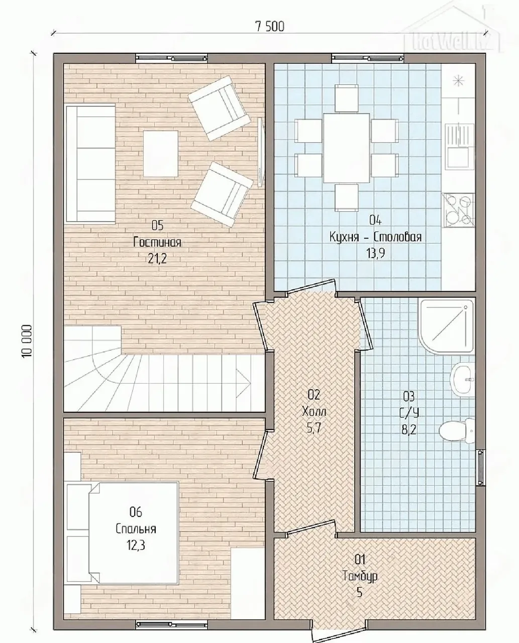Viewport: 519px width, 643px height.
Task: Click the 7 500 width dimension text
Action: [270, 27]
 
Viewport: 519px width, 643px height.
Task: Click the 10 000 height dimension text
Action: [27, 342]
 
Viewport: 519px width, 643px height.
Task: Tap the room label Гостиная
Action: [157, 243]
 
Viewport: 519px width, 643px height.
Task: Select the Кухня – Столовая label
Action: [375, 237]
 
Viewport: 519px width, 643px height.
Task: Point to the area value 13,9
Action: [375, 254]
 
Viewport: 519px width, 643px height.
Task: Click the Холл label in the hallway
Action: [314, 411]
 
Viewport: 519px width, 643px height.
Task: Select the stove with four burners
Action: [458, 209]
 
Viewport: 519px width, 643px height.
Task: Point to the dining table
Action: [347, 148]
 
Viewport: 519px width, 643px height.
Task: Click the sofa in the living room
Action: [90, 164]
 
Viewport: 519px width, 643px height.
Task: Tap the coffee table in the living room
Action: [161, 154]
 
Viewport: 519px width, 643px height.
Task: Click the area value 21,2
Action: [157, 259]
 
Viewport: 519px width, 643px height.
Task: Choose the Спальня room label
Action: [136, 529]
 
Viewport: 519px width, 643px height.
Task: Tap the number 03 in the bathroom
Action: [409, 396]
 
